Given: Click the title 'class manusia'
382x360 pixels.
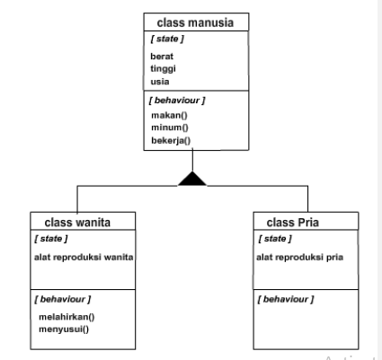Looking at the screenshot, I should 192,21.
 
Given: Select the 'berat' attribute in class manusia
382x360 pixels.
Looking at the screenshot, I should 162,56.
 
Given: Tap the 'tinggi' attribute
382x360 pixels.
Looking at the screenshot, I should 163,68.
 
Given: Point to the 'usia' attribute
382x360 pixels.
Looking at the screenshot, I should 160,81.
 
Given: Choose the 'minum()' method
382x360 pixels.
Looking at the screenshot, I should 169,127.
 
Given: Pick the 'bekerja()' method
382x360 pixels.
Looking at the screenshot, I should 172,141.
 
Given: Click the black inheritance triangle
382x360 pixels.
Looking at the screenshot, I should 192,178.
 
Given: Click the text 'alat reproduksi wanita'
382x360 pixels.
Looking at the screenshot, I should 84,256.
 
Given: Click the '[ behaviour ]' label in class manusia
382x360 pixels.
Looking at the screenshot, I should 179,100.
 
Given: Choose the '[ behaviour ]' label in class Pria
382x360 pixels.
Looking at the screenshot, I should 286,297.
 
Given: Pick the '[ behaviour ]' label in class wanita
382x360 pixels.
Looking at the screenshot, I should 63,297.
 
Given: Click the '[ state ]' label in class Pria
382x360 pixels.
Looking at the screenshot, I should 273,238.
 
